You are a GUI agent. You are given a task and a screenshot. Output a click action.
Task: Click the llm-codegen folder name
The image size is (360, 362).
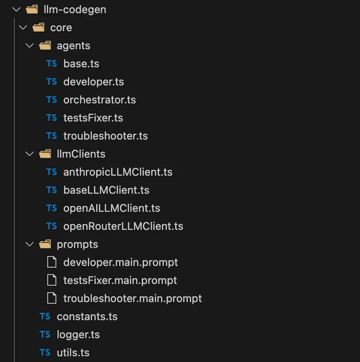tap(75, 10)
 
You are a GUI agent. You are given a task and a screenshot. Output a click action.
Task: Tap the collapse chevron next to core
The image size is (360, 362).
tap(23, 28)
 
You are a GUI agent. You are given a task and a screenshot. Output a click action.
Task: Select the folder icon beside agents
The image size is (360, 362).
tap(45, 46)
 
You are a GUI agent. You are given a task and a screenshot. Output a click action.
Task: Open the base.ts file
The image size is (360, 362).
tap(81, 64)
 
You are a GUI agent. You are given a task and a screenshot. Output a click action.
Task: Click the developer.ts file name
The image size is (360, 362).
tap(94, 82)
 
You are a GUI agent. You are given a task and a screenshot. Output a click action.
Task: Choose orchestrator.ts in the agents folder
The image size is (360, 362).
tap(99, 100)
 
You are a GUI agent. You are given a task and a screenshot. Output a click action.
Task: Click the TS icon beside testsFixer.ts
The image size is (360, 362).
tap(51, 118)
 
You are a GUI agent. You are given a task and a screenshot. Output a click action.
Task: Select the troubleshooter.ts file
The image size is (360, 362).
tap(106, 136)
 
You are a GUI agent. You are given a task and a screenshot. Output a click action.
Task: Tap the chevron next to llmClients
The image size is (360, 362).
tap(30, 154)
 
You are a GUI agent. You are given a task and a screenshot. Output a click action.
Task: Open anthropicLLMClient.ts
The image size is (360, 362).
tap(118, 172)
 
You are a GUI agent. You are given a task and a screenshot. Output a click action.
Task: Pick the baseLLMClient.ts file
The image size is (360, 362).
tap(106, 190)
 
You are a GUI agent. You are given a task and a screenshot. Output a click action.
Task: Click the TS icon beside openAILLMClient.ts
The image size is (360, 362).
tap(51, 208)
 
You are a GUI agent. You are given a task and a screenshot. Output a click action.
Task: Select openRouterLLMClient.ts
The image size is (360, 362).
tap(123, 226)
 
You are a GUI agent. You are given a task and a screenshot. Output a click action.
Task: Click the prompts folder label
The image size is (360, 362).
tap(77, 245)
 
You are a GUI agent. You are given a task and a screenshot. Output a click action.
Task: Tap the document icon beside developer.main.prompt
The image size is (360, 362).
tap(51, 262)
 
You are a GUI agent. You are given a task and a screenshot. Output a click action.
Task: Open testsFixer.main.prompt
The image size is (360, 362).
tap(120, 280)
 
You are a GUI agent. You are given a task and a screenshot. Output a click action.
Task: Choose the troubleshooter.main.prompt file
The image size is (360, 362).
tap(133, 298)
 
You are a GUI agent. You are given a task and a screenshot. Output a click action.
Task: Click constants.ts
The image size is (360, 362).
tap(87, 316)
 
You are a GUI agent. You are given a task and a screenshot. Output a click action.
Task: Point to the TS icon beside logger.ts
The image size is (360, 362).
tap(45, 334)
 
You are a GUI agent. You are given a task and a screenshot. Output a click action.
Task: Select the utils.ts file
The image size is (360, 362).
tap(73, 353)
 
